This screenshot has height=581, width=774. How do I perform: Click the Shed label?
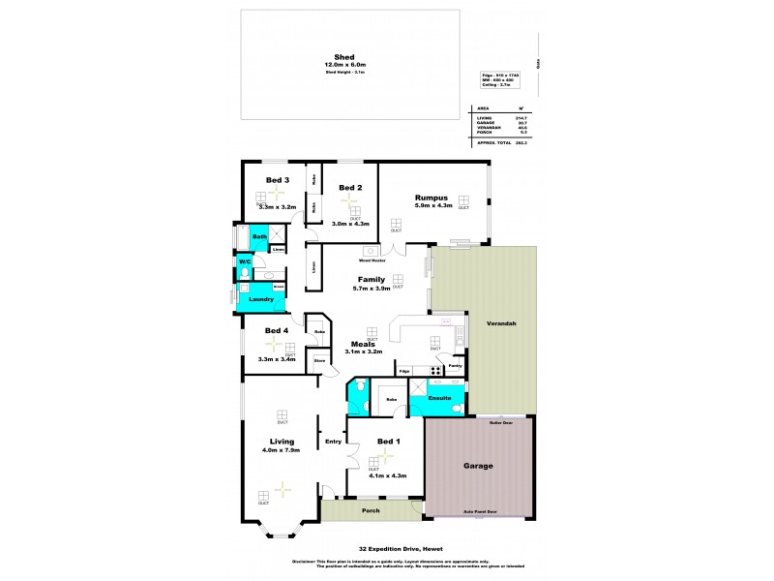coord(342,57)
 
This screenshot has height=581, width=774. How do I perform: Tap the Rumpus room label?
coord(432,195)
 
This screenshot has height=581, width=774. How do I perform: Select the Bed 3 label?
coord(278,180)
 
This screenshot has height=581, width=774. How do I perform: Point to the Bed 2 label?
coord(349,187)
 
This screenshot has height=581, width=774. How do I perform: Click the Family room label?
coord(372,279)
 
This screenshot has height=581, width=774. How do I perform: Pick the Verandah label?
coord(500,322)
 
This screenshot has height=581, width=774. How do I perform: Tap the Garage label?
coord(478,466)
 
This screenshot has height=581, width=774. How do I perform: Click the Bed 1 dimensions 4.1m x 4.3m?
coord(387,475)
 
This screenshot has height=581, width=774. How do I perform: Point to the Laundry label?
coord(262,300)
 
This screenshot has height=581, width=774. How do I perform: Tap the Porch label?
coord(371,511)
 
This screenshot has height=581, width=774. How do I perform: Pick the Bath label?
coord(259,236)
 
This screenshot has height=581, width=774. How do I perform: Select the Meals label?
coord(363,343)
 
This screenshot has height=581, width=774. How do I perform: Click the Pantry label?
coord(455,365)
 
